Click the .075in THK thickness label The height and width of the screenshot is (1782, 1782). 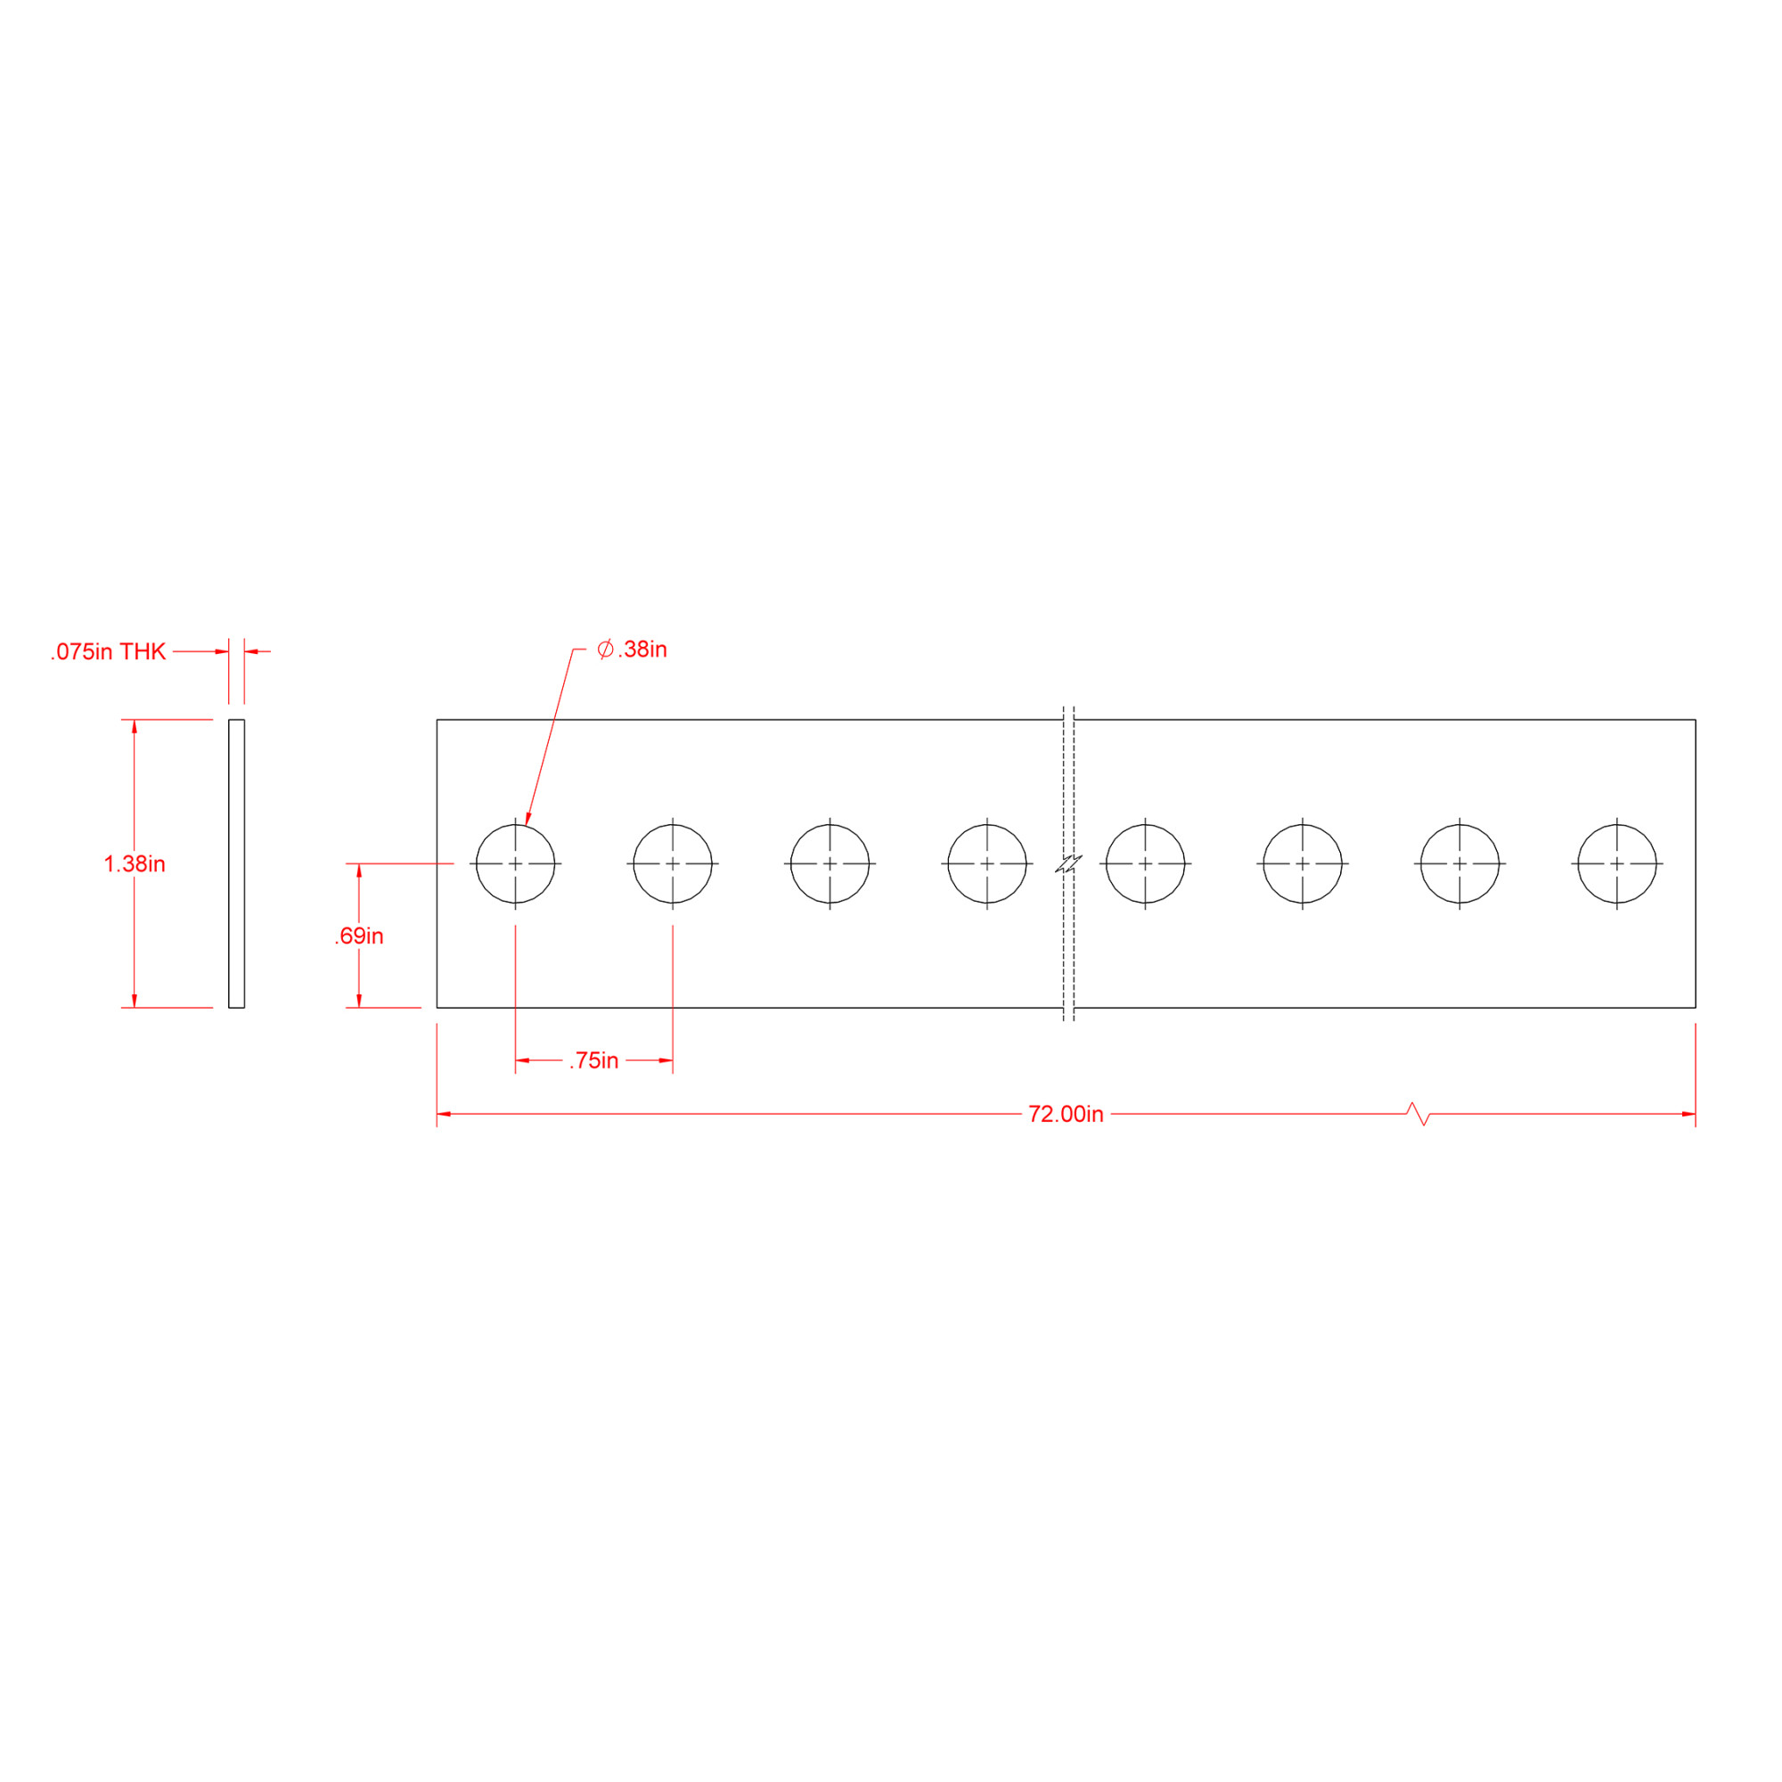pos(108,652)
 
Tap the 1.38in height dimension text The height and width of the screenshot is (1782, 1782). pos(135,864)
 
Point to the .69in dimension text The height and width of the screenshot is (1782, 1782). pos(359,936)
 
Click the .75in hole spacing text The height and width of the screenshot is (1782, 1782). pos(594,1060)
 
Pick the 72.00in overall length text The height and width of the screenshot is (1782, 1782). pos(1066,1115)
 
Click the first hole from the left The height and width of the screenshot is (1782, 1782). pos(516,863)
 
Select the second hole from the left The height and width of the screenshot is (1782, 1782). pos(673,863)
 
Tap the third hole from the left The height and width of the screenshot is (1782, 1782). pos(830,863)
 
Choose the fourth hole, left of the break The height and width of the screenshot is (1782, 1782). pos(987,863)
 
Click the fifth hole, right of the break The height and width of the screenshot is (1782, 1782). pos(1146,863)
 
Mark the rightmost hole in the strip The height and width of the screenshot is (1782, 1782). pos(1617,863)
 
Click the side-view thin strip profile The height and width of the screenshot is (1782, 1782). pos(236,864)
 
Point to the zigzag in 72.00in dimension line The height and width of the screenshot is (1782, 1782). pos(1418,1115)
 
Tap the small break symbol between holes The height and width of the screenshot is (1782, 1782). pos(1068,864)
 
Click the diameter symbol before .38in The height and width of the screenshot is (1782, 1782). pos(605,650)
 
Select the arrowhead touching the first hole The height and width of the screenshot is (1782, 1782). pos(527,818)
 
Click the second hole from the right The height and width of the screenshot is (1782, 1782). pos(1459,863)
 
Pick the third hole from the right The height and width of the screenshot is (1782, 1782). pos(1303,863)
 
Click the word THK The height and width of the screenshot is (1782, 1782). pos(143,652)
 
